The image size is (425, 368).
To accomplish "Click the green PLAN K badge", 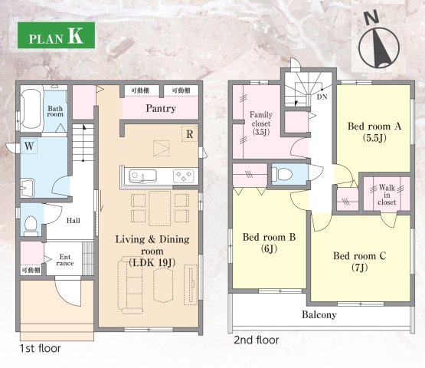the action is coord(56,35).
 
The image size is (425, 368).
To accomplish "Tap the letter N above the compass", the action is coord(371,18).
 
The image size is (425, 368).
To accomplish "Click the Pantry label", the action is coord(161,109).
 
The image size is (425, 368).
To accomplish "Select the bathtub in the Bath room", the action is coord(31,109).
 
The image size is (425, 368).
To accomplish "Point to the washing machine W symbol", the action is coord(29,146).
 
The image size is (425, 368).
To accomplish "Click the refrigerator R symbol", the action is coord(190,134).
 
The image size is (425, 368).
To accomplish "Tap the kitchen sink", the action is coord(142,176).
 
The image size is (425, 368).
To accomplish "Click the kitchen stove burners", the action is coord(184,176).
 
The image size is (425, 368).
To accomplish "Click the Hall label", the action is coord(74,220).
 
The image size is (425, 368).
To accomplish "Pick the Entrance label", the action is coord(65,260).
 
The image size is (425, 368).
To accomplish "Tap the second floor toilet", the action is coord(282,173).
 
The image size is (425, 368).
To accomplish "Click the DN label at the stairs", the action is coord(322,97).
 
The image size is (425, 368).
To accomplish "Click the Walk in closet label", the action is coord(387,195).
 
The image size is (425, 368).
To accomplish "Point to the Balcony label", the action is coord(319,315).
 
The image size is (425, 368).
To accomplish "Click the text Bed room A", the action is coord(374,127).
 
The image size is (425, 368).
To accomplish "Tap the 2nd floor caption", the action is coord(256,340).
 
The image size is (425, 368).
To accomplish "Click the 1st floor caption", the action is coord(40,348).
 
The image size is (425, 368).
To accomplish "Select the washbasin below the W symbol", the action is coord(27,188).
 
